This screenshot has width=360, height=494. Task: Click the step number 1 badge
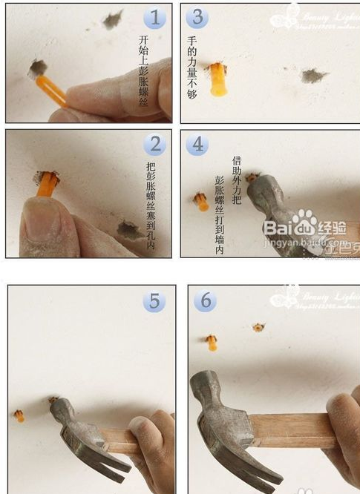[x=154, y=18]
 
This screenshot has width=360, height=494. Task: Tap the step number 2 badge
[x=154, y=145]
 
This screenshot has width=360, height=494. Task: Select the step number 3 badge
[x=197, y=18]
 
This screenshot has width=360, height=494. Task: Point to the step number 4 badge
[x=197, y=145]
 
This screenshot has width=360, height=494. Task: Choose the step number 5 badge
[x=154, y=301]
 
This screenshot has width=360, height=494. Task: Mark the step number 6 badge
[x=206, y=301]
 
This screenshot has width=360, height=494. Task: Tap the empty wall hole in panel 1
[x=112, y=19]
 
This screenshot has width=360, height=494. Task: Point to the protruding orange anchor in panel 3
[x=217, y=79]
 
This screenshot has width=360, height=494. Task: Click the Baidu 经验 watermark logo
[x=304, y=225]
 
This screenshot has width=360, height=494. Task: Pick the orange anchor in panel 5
[x=19, y=415]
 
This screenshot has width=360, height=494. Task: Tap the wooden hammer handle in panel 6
[x=289, y=430]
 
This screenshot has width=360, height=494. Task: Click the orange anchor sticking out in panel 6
[x=212, y=343]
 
